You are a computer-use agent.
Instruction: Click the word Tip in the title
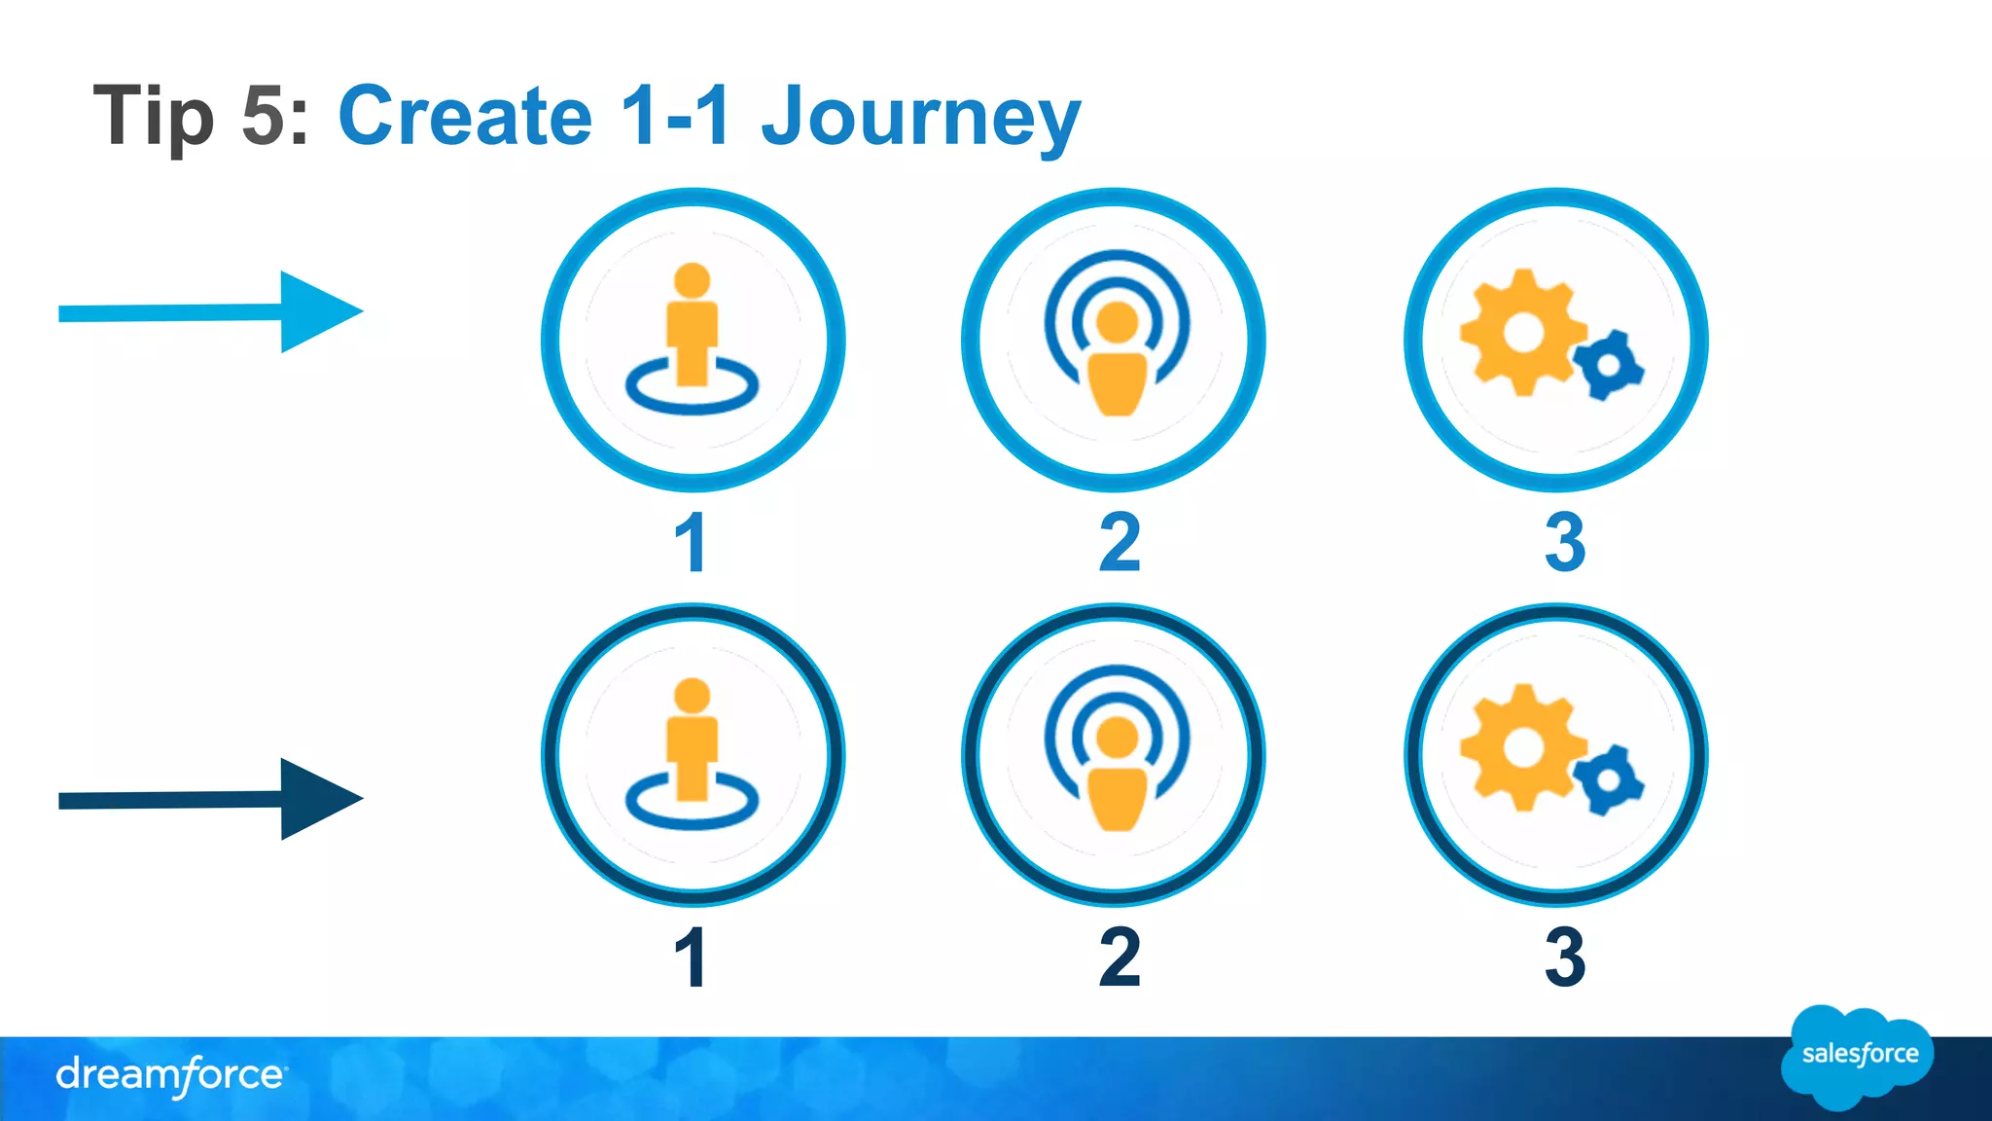pos(153,117)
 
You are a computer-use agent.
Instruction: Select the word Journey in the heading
pos(920,117)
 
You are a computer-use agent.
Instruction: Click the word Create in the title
pos(465,117)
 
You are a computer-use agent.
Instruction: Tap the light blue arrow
pos(211,312)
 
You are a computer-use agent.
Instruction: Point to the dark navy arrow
pos(211,799)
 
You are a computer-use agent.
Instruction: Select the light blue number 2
pos(1120,542)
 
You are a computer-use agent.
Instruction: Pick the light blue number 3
pos(1564,542)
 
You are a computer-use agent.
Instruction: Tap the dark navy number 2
pos(1120,958)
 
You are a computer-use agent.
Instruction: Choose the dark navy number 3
pos(1564,958)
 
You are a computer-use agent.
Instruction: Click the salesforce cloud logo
pos(1858,1057)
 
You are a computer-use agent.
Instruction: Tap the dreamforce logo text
pos(170,1075)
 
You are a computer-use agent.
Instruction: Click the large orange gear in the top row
pos(1522,333)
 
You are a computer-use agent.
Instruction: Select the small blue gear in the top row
pos(1609,365)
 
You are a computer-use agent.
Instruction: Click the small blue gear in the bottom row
pos(1609,780)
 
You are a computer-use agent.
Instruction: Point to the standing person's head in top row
pos(692,280)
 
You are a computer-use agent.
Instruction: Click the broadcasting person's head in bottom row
pos(1117,738)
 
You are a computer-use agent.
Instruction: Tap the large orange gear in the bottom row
pos(1522,747)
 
